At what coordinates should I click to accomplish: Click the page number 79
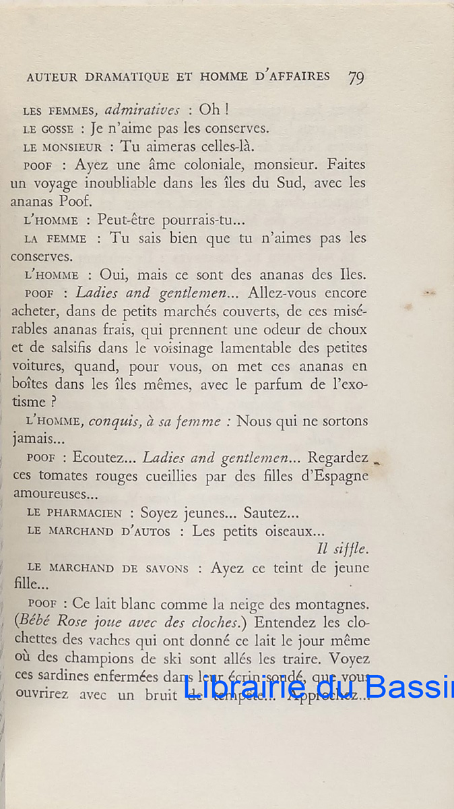point(356,77)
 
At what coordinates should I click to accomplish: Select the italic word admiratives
point(142,110)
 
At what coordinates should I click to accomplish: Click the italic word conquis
point(114,421)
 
